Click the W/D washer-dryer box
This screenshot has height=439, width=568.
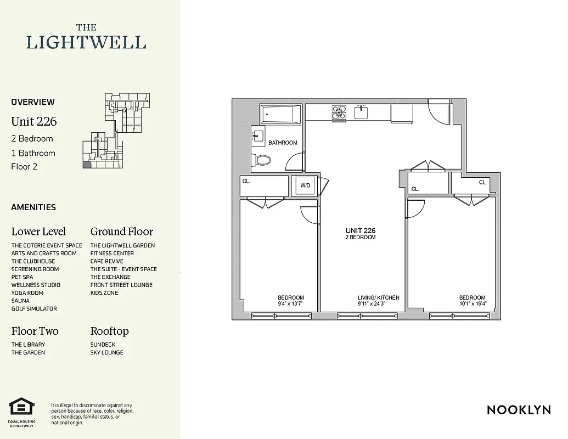[x=305, y=185]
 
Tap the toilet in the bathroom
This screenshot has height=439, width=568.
[x=262, y=161]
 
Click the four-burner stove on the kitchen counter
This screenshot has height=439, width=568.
[x=339, y=112]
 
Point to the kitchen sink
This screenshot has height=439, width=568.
[x=361, y=112]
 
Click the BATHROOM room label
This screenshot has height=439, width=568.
[x=283, y=143]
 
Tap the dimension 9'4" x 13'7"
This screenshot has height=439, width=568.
[x=290, y=303]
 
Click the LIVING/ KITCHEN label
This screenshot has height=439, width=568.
[x=379, y=297]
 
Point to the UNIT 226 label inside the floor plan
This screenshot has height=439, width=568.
[x=361, y=231]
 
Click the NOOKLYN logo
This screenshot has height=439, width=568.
[x=519, y=410]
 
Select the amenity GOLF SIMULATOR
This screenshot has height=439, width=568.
[x=34, y=308]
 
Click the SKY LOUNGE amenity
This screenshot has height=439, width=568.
[x=106, y=352]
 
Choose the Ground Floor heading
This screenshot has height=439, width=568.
[x=121, y=232]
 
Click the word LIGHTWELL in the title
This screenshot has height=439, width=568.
[x=86, y=42]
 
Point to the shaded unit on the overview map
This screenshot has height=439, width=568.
[x=85, y=164]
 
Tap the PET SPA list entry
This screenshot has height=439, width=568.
[x=23, y=277]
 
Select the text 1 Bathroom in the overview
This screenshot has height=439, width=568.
[x=33, y=153]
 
